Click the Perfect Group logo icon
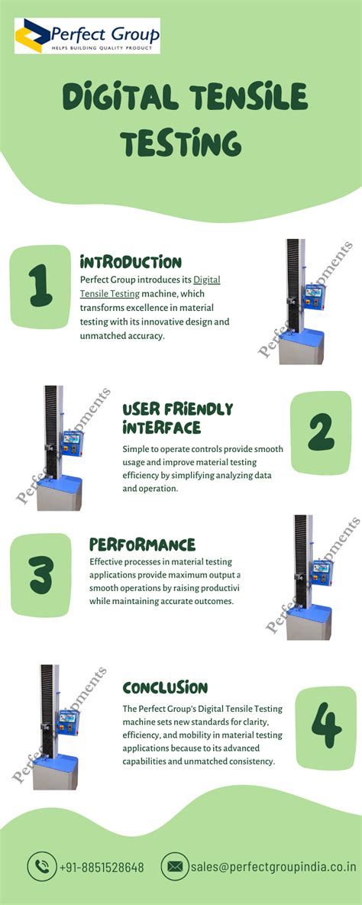[33, 36]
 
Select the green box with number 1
[40, 286]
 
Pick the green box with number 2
[321, 433]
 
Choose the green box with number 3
[40, 575]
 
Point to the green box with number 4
[325, 728]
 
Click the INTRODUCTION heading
[131, 262]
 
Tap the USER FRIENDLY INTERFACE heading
[177, 418]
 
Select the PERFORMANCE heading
[143, 545]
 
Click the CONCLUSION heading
[165, 688]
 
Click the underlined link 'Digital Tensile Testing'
[153, 286]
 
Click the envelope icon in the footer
[175, 867]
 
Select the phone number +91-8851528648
[102, 868]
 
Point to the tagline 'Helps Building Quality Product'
[101, 48]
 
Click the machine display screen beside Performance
[320, 570]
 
